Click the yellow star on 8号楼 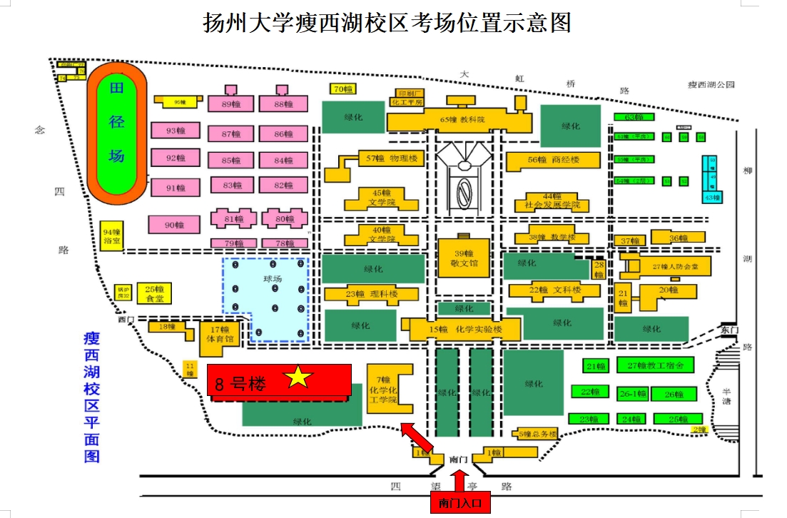click(299, 378)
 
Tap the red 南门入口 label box click(460, 503)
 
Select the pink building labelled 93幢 click(175, 131)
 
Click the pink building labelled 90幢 click(173, 225)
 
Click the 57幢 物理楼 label click(392, 158)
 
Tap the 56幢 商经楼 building click(553, 161)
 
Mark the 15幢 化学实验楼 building click(465, 330)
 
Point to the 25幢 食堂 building click(155, 293)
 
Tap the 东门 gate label click(728, 330)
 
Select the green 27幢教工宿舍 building click(655, 366)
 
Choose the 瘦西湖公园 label click(711, 84)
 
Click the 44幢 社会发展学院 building click(553, 201)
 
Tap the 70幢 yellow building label click(342, 89)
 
